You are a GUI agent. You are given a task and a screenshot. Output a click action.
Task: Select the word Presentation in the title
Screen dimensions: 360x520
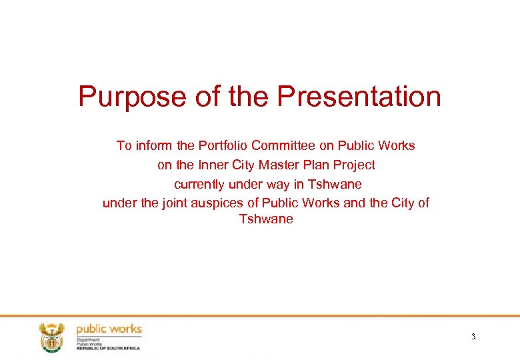[x=359, y=96]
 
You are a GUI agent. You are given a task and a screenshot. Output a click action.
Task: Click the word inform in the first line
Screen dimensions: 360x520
[x=153, y=145]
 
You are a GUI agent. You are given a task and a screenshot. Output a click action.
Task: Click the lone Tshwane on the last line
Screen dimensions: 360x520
[x=266, y=219]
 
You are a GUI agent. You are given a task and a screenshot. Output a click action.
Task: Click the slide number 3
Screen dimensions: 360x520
[x=473, y=337]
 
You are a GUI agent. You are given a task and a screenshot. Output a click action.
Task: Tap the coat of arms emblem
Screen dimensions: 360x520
[x=51, y=337]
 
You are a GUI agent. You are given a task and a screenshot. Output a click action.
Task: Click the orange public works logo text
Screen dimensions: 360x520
[x=109, y=329]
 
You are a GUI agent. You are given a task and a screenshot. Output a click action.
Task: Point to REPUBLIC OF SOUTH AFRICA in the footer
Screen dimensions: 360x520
[x=108, y=348]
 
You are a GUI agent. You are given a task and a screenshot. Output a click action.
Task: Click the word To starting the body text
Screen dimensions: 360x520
[x=124, y=145]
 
